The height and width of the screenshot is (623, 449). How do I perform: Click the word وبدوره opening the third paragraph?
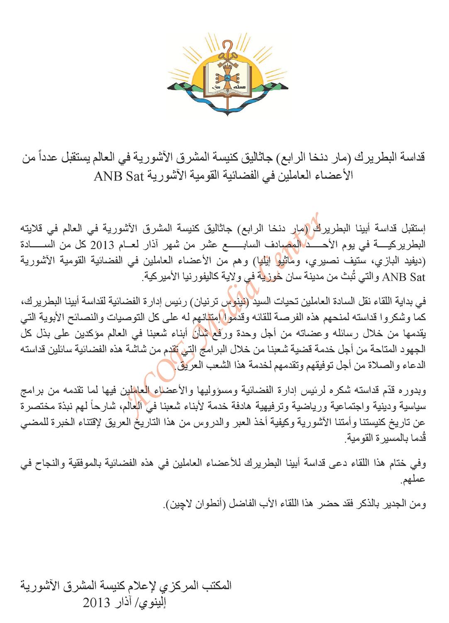tap(413, 390)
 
